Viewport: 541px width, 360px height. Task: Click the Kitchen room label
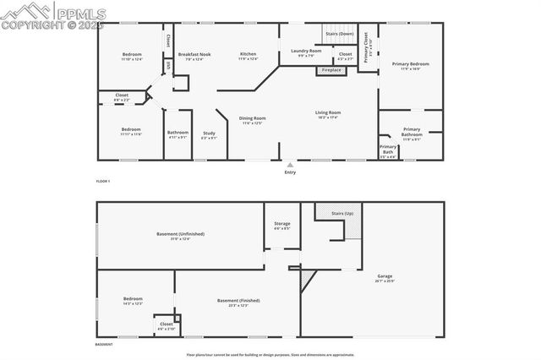point(248,54)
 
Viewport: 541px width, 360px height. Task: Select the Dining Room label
point(253,118)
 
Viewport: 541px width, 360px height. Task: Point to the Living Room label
point(328,112)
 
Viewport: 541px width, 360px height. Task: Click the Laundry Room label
point(306,52)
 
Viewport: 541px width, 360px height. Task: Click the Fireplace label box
point(331,70)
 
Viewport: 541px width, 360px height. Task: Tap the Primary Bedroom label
point(410,63)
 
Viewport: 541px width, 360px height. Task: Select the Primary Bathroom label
point(412,131)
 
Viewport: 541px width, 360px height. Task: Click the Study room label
point(209,133)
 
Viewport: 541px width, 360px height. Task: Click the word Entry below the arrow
point(290,172)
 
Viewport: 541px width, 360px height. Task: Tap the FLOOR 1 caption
point(103,182)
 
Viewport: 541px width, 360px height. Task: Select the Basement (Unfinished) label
point(180,234)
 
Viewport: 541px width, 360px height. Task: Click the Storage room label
point(282,224)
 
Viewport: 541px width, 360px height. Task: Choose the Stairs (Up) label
point(342,214)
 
